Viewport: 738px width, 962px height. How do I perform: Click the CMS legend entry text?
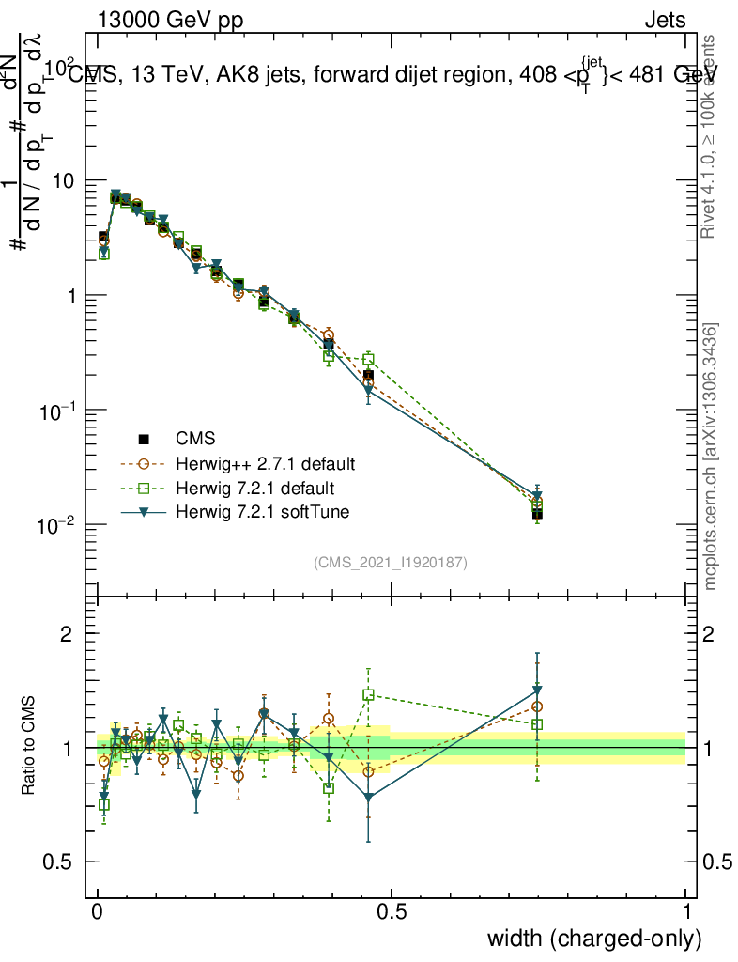(x=195, y=438)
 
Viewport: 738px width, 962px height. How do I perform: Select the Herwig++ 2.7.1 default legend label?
(x=265, y=463)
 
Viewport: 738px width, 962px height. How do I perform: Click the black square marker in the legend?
(x=144, y=438)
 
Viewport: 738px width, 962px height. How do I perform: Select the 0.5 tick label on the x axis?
(x=392, y=912)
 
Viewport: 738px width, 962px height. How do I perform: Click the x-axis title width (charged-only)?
(x=593, y=939)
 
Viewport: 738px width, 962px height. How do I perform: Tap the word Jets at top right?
(x=664, y=20)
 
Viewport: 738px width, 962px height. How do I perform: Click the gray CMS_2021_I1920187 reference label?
(x=391, y=563)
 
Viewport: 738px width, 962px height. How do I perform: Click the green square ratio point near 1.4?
(x=368, y=695)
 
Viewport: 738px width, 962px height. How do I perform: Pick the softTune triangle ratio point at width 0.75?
(x=537, y=691)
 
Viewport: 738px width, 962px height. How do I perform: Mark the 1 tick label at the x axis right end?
(x=685, y=912)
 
